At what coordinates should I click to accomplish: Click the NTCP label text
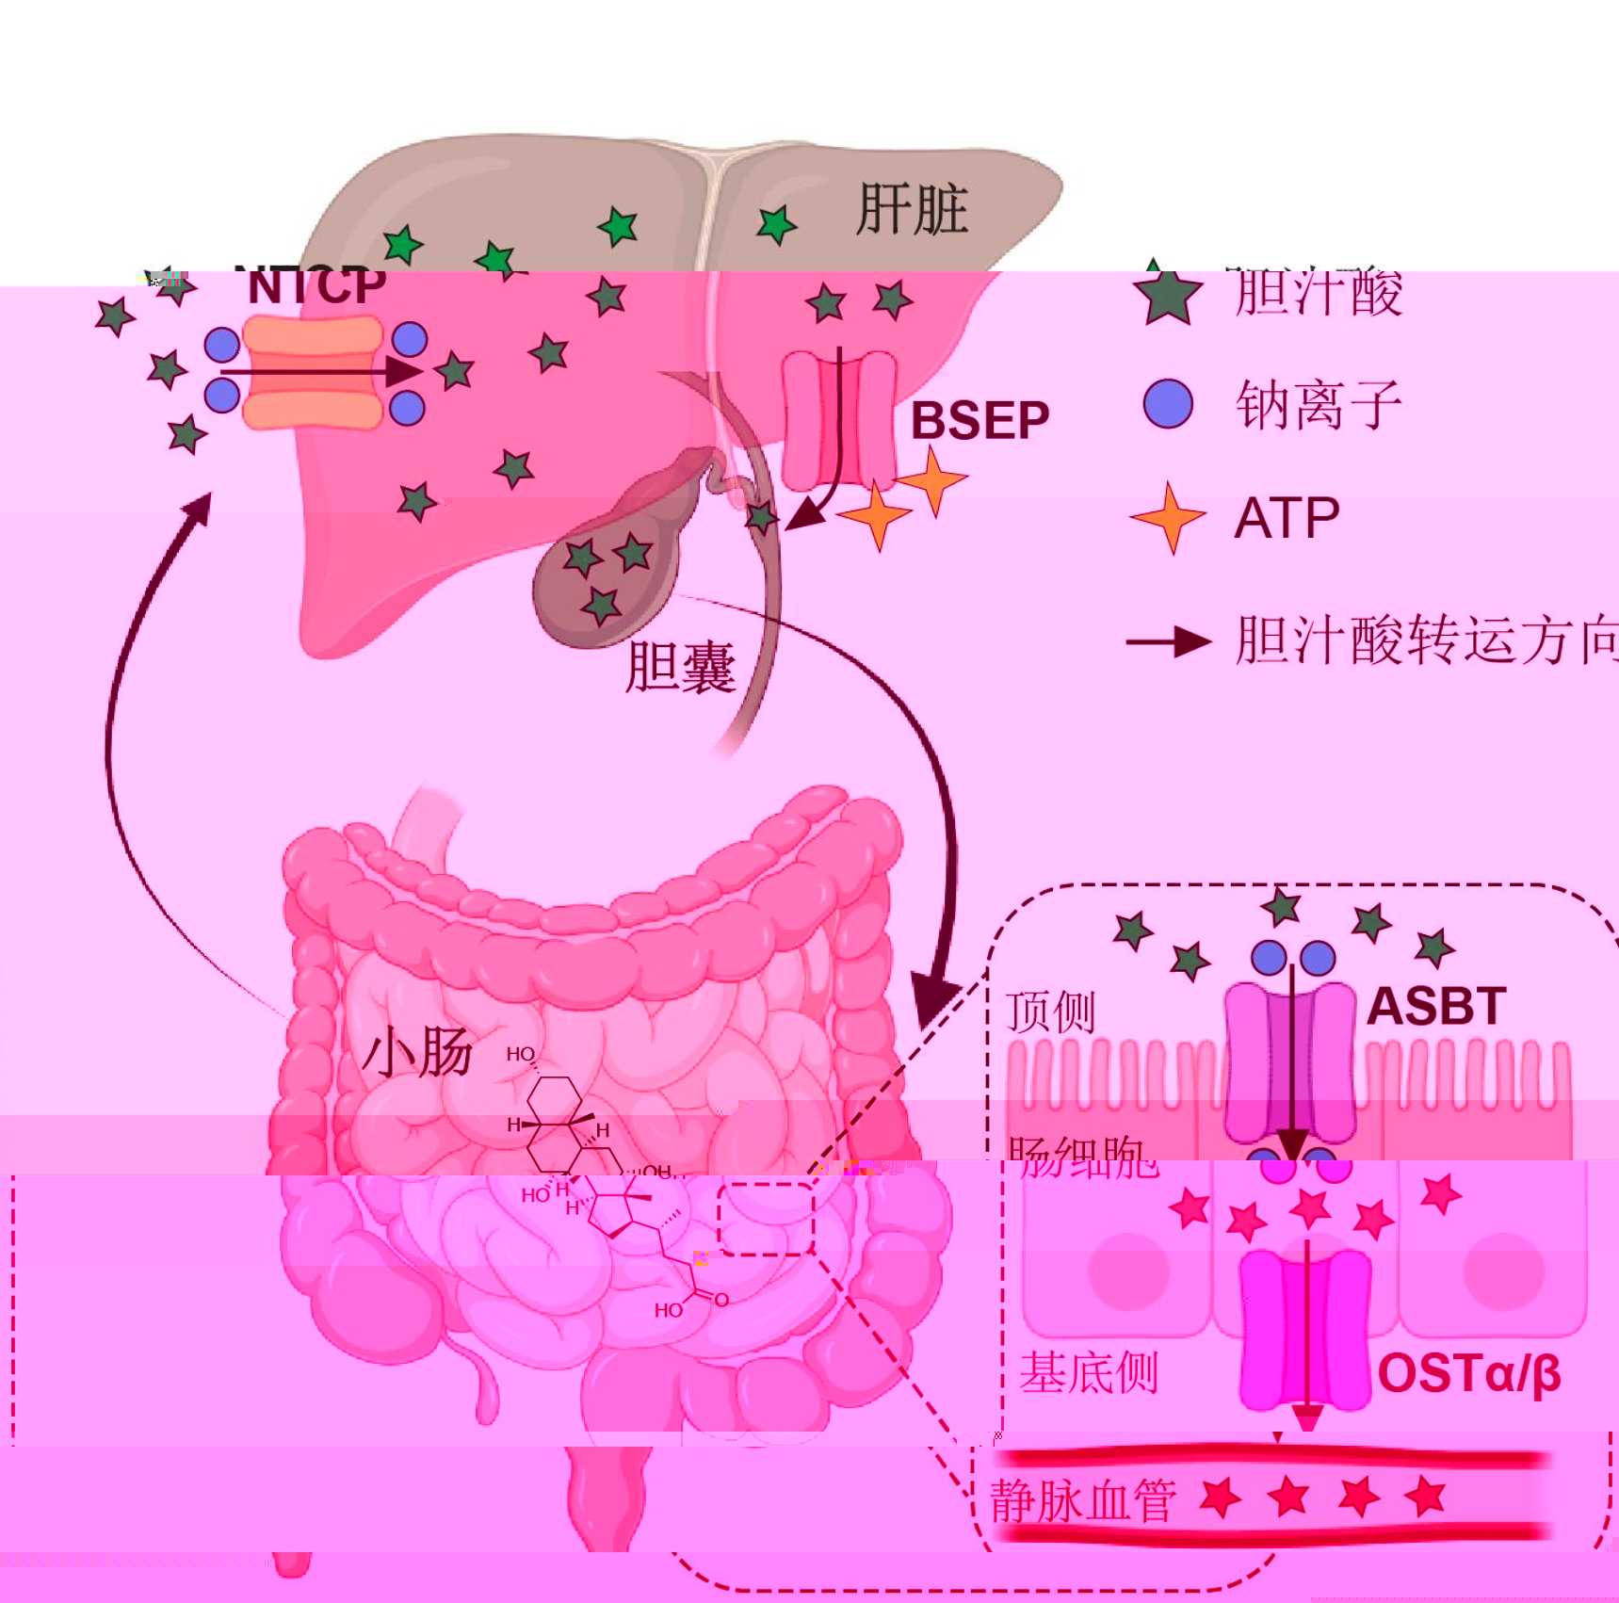pyautogui.click(x=316, y=285)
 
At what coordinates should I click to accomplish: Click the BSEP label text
pyautogui.click(x=979, y=420)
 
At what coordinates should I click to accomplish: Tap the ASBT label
pyautogui.click(x=1435, y=1006)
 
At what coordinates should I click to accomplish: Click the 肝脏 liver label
pyautogui.click(x=912, y=209)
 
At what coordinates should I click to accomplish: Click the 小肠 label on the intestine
pyautogui.click(x=417, y=1051)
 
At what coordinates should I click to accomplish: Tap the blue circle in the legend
pyautogui.click(x=1168, y=404)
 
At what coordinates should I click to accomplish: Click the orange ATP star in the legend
pyautogui.click(x=1169, y=517)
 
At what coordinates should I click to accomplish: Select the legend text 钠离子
pyautogui.click(x=1319, y=405)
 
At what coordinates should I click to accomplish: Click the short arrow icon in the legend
pyautogui.click(x=1168, y=642)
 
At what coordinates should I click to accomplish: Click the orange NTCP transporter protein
pyautogui.click(x=313, y=373)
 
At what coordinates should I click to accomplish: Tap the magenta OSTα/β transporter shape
pyautogui.click(x=1305, y=1329)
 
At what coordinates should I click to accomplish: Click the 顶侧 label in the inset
pyautogui.click(x=1050, y=1012)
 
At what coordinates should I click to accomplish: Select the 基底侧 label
pyautogui.click(x=1088, y=1372)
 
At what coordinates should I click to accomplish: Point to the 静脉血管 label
pyautogui.click(x=1083, y=1500)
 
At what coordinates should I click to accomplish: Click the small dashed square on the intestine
pyautogui.click(x=766, y=1219)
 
